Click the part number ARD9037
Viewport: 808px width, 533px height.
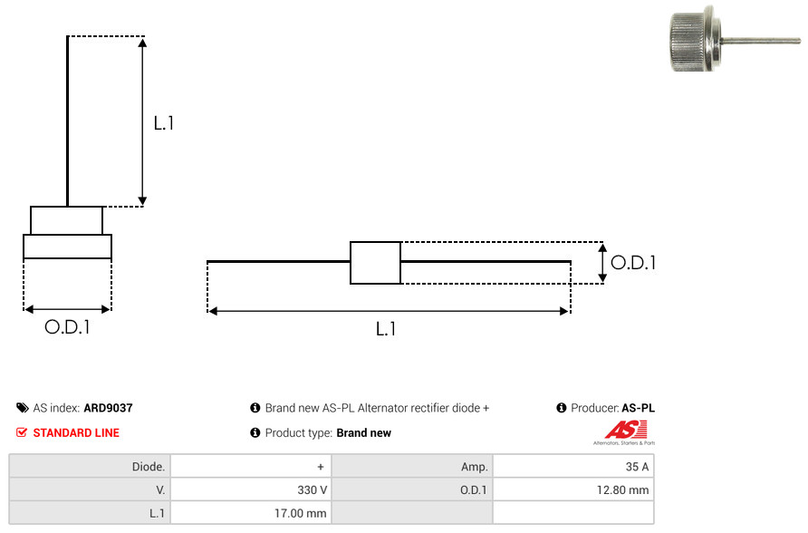tap(108, 408)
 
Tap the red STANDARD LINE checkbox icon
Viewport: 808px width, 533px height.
tap(22, 432)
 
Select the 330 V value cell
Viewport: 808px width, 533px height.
tap(251, 489)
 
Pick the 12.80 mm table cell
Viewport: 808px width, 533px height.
tap(573, 489)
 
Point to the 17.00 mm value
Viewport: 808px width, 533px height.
tap(301, 513)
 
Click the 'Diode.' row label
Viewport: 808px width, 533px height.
tap(149, 467)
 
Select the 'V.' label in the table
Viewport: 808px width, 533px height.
tap(160, 489)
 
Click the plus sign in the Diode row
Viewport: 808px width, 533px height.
tap(321, 467)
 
